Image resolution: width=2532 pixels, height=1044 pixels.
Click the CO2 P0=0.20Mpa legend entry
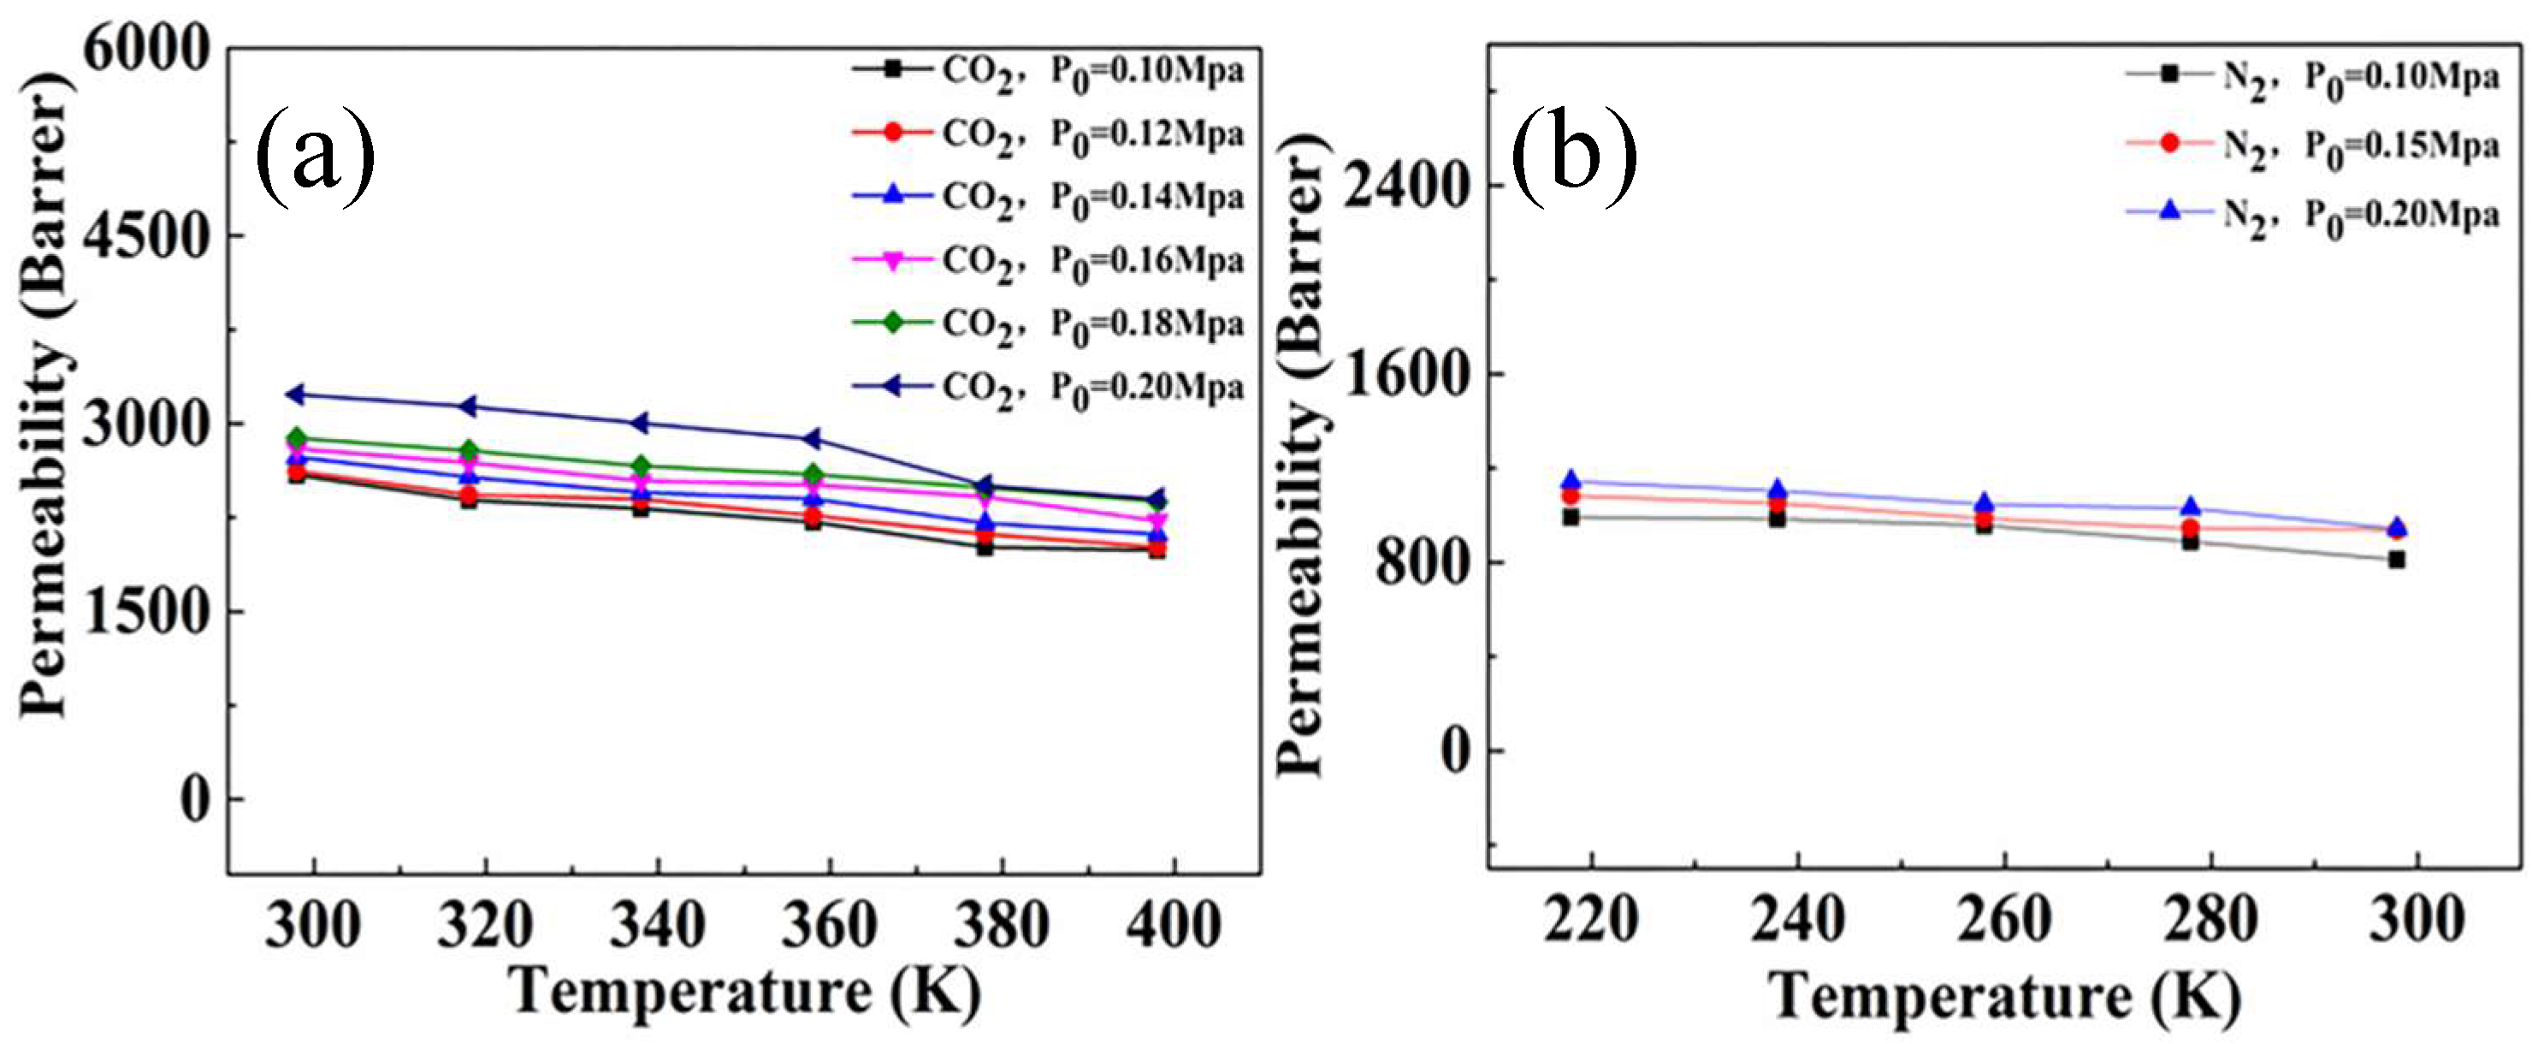1048,388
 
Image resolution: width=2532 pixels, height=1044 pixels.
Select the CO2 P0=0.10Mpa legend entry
1048,71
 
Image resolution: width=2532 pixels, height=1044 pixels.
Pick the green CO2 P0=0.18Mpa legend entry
1048,323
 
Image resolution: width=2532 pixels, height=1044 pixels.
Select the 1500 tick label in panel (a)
147,612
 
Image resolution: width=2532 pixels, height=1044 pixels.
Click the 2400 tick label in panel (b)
1405,186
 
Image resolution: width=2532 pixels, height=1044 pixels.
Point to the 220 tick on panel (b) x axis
1590,920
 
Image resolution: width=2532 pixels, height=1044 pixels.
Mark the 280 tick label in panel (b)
2210,920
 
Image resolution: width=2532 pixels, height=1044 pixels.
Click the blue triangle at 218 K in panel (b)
1571,481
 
